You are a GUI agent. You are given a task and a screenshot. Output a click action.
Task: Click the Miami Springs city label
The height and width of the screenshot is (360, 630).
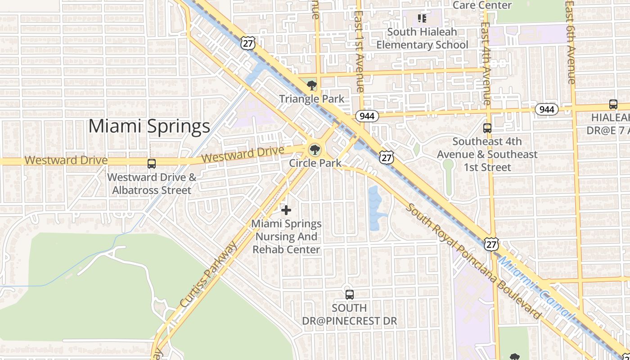click(149, 126)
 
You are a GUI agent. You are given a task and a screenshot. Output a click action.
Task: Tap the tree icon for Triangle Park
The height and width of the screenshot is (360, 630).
click(311, 85)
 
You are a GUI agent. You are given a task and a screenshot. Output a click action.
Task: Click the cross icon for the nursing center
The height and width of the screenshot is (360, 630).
click(286, 210)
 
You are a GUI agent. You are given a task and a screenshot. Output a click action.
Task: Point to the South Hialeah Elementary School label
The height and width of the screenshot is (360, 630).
click(422, 38)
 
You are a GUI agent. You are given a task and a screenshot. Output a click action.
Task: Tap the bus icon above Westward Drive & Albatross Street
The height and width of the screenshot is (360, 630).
click(152, 164)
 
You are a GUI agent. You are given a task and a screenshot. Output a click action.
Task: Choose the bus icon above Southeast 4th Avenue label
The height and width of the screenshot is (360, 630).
click(487, 128)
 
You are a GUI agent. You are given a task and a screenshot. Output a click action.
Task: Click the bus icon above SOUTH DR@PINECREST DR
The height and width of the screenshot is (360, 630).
click(350, 295)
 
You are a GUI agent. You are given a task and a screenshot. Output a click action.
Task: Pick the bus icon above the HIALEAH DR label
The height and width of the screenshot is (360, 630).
click(613, 104)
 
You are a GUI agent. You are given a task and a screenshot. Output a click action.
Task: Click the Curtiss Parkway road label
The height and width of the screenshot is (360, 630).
click(208, 275)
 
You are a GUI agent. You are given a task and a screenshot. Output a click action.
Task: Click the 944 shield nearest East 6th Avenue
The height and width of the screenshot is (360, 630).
click(547, 109)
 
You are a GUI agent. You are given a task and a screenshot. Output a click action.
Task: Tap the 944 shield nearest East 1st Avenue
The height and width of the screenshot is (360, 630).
click(367, 116)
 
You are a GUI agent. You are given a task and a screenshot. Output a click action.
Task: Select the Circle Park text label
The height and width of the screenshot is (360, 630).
click(315, 163)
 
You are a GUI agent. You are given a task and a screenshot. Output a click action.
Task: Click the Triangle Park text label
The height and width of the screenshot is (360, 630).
click(312, 99)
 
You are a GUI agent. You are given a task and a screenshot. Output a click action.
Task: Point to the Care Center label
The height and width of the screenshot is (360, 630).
click(482, 5)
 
